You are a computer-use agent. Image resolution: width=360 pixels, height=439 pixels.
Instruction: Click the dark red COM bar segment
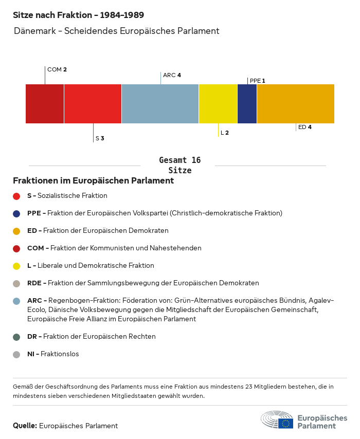(45, 104)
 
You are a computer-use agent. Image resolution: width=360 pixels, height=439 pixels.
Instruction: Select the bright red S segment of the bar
(93, 104)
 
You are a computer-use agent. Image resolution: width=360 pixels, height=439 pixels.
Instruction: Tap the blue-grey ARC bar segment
(160, 104)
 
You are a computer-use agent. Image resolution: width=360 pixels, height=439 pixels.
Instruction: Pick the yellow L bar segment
(218, 104)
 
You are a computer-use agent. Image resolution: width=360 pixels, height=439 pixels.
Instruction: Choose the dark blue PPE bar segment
(247, 104)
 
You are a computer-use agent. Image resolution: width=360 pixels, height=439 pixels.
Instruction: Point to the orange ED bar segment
(295, 104)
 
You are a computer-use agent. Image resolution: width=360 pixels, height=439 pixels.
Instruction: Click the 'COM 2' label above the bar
(57, 69)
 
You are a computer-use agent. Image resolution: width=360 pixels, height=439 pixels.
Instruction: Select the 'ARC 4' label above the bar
(172, 75)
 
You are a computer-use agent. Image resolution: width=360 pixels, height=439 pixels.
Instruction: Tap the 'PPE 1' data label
(258, 81)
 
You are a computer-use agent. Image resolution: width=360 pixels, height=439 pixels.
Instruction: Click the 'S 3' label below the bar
(100, 138)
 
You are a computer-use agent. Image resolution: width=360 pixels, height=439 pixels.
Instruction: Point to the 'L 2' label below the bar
(225, 133)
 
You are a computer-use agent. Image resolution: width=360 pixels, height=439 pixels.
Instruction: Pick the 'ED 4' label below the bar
(305, 127)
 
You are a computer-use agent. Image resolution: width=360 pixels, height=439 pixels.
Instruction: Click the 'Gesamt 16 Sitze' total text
(179, 165)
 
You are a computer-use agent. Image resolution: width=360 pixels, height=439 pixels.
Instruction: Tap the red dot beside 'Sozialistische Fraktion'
(16, 196)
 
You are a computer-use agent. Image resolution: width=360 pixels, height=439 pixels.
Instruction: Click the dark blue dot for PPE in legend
(16, 213)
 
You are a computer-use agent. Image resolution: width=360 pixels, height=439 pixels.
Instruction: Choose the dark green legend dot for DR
(16, 337)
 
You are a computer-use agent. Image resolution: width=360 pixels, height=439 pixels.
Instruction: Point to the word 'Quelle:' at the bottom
(25, 426)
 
